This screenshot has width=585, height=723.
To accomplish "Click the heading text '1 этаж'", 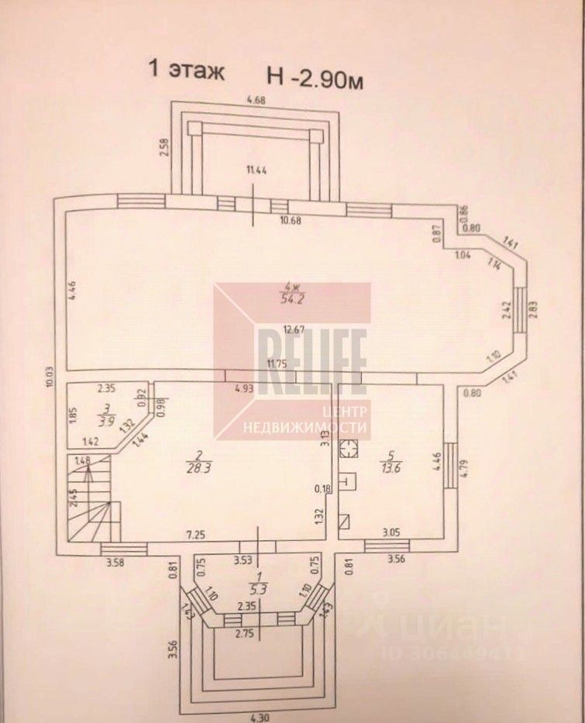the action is tap(187, 72).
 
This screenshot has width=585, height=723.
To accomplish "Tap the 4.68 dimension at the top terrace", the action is tap(256, 99).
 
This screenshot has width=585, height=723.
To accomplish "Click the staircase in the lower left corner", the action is tap(88, 498).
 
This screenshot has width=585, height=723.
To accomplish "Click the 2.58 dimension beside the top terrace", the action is tap(164, 147).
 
